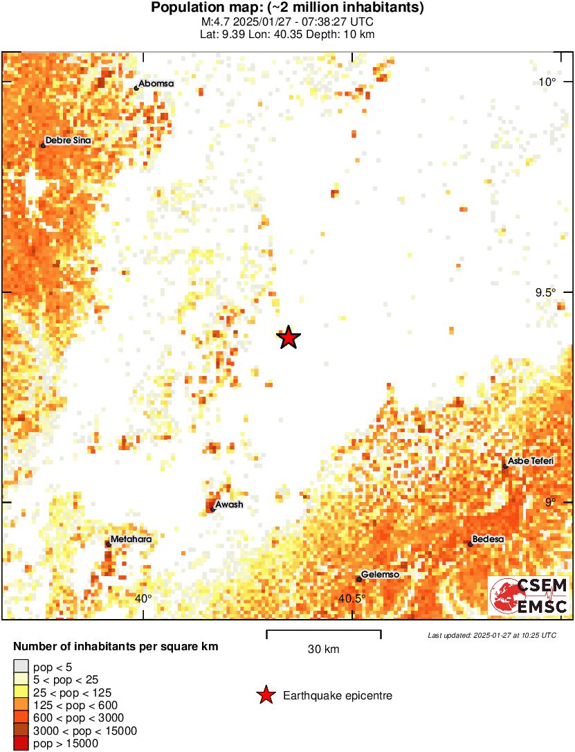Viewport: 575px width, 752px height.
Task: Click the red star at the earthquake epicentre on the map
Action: tap(289, 338)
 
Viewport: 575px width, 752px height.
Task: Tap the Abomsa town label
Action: tap(156, 84)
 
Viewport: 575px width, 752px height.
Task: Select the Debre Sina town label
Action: tap(68, 141)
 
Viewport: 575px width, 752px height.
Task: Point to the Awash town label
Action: tap(229, 505)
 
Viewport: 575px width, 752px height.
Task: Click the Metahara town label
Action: tap(131, 539)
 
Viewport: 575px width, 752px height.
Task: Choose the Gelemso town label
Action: tap(381, 575)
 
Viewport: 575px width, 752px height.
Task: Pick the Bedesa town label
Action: tap(489, 539)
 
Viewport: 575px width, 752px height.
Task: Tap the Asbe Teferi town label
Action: tap(531, 461)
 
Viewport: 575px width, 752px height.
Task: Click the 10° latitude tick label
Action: tap(548, 82)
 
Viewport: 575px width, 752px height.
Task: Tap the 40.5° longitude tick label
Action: tap(352, 599)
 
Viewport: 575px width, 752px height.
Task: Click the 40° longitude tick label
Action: tap(143, 599)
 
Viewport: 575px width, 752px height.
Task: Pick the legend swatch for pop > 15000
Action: tap(21, 744)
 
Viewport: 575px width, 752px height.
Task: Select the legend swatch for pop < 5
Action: tap(21, 668)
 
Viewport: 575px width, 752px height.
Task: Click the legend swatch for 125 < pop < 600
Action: tap(21, 706)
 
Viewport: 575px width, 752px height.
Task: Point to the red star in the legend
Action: tap(265, 695)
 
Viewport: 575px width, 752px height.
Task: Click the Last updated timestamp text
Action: tap(491, 635)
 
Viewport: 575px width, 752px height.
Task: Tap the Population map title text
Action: tap(287, 8)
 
